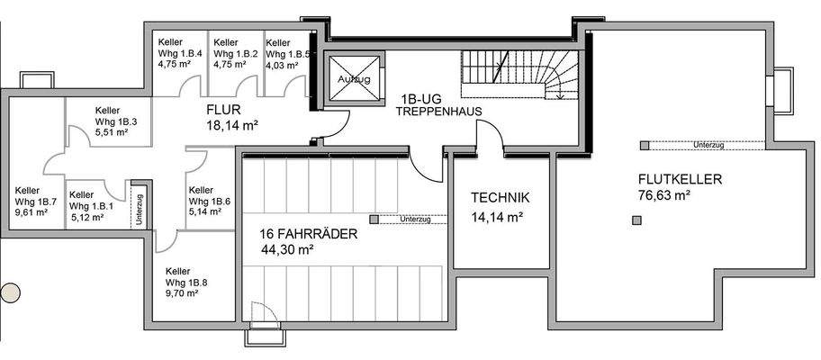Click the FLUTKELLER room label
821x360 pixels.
tap(680, 178)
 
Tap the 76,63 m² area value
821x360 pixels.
tap(663, 194)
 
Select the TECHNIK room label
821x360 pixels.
tap(500, 198)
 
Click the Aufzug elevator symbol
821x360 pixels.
tap(350, 79)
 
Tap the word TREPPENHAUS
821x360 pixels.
tap(440, 112)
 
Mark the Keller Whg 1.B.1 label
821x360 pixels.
tap(90, 205)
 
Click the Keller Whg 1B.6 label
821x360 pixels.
tap(209, 202)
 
